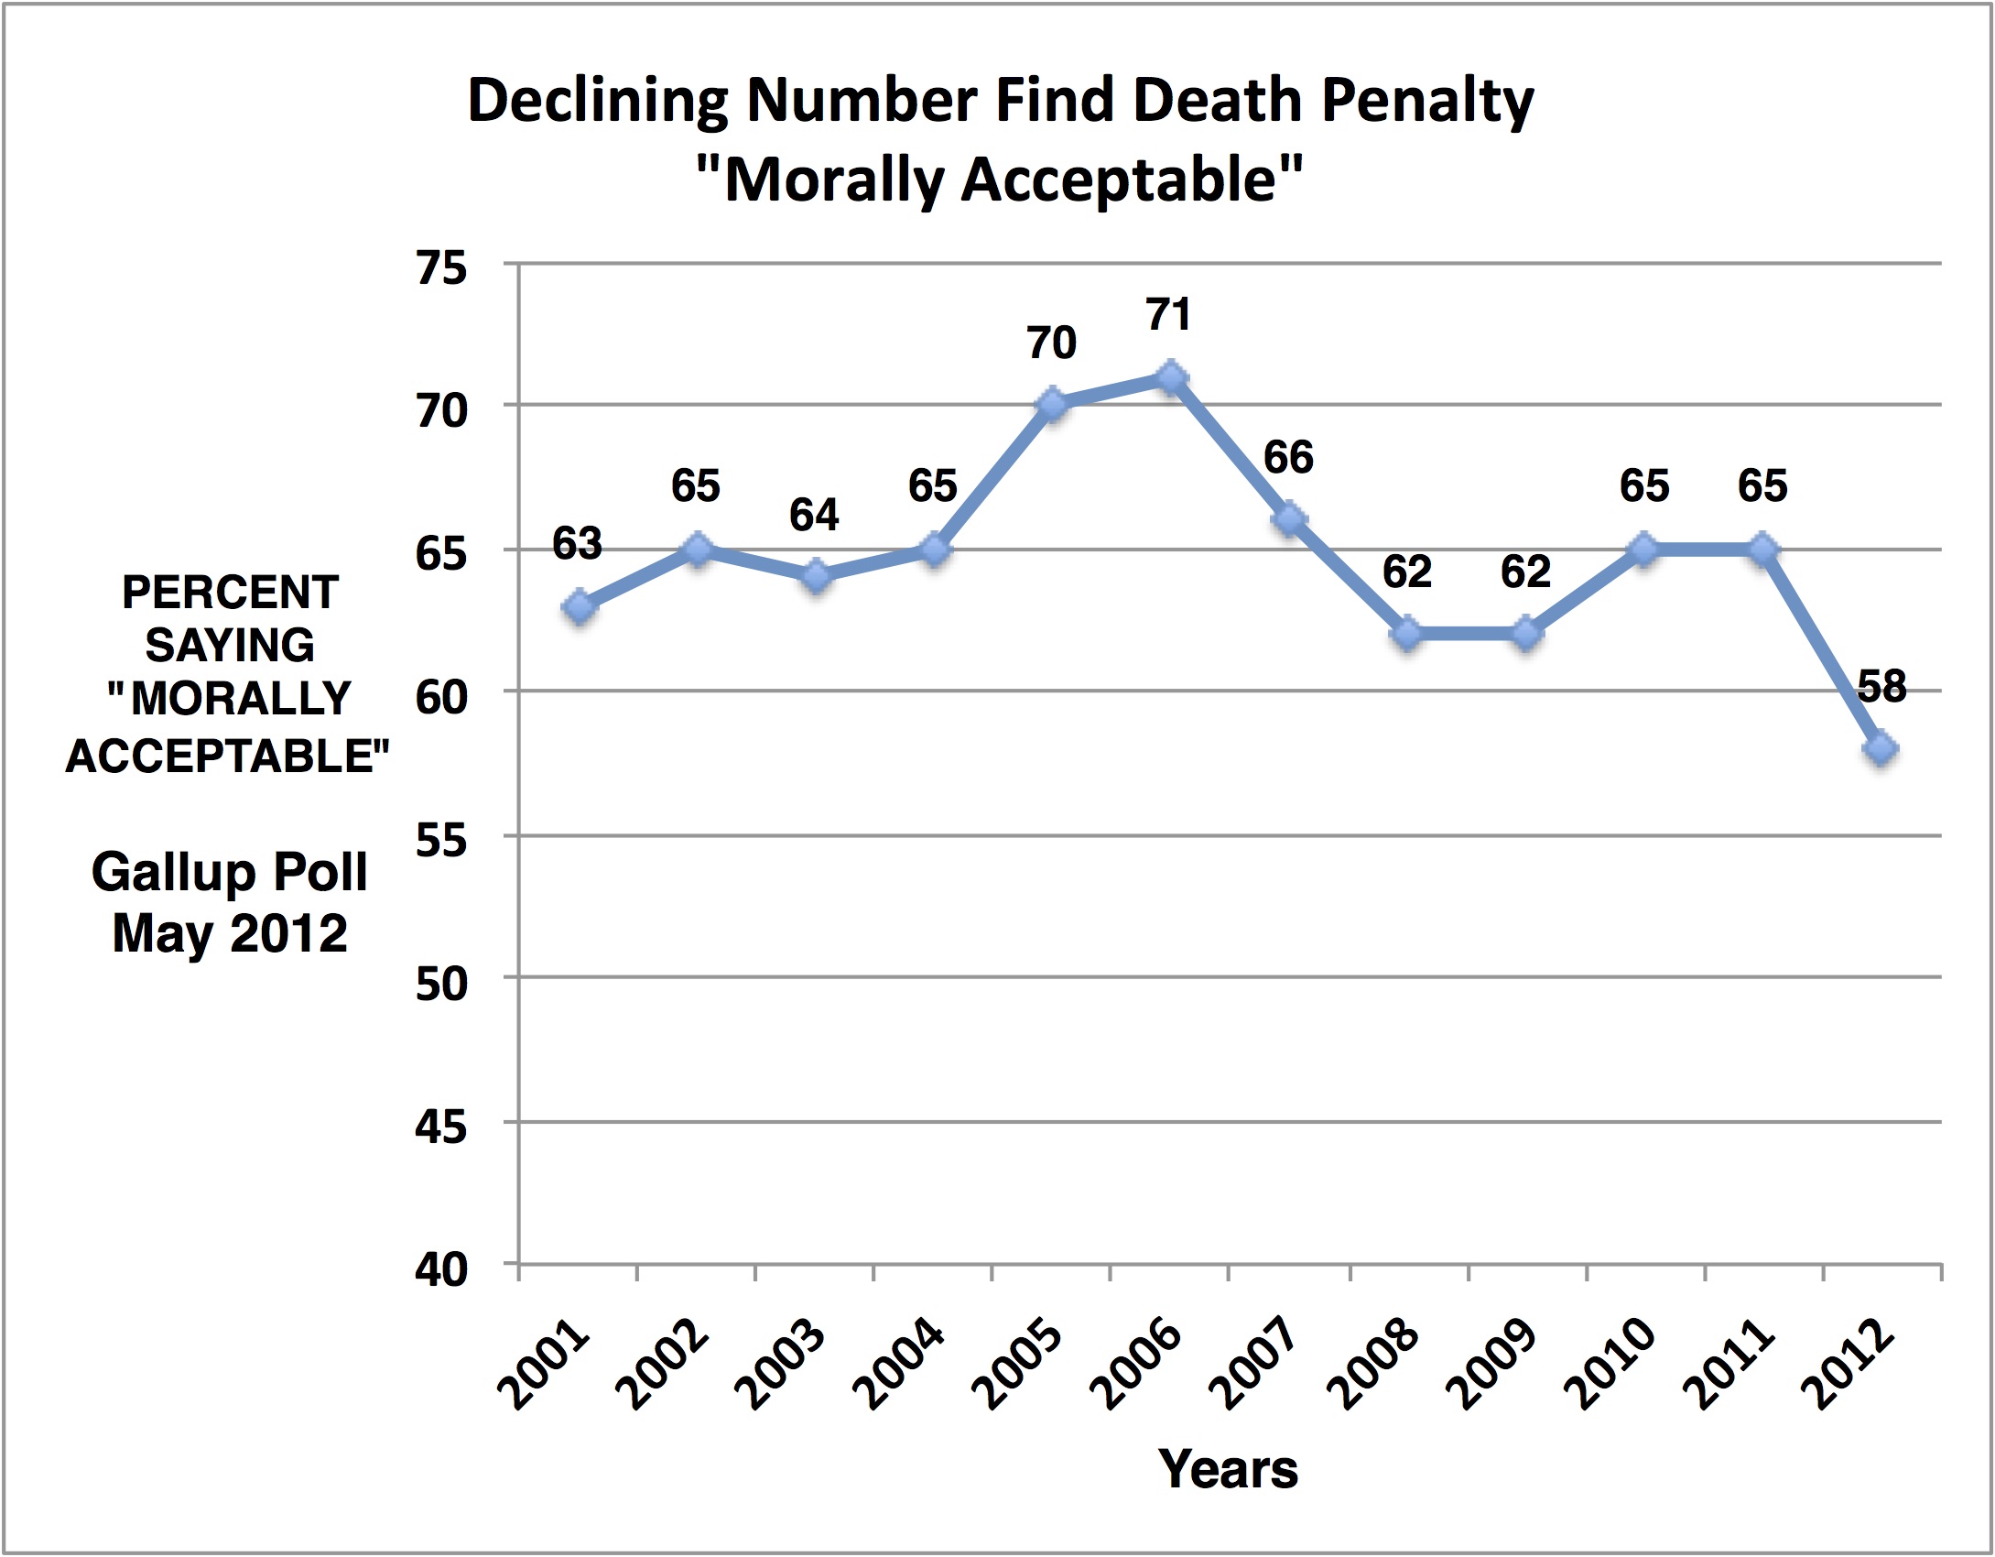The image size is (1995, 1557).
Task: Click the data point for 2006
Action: coord(1170,377)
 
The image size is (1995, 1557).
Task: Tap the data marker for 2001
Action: coord(580,606)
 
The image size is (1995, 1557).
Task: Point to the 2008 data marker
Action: coord(1408,634)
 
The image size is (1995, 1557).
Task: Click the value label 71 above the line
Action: coord(1169,315)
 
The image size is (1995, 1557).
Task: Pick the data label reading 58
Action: coord(1881,686)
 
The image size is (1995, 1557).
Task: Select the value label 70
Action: coord(1051,343)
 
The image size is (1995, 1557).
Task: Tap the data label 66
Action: coord(1288,457)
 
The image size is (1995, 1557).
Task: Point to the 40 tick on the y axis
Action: coord(441,1269)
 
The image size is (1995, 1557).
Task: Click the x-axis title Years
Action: coord(1228,1470)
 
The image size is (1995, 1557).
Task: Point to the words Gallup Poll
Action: coord(229,871)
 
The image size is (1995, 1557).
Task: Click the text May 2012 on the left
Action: coord(229,933)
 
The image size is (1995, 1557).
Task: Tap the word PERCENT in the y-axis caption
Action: coord(230,593)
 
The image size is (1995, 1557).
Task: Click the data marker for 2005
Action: coord(1052,405)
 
